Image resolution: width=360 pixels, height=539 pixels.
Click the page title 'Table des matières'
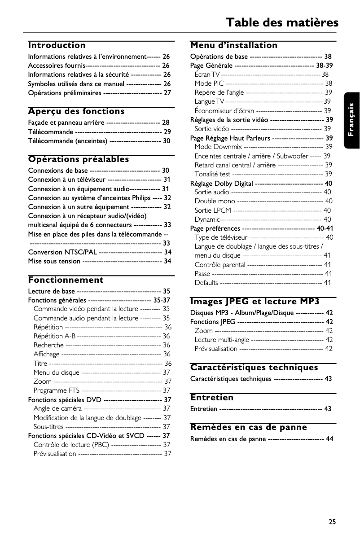coord(281,22)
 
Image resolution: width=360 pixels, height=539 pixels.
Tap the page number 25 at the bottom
coord(332,521)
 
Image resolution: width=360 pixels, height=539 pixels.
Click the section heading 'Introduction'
coord(57,45)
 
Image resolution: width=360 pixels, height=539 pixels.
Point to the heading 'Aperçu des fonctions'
coord(76,111)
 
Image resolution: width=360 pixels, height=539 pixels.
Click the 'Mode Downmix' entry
coord(218,147)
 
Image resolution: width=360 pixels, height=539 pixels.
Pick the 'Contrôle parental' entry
coord(220,265)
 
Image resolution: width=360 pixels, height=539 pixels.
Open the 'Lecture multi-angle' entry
coord(222,340)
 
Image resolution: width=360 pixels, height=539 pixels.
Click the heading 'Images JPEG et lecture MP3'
coord(255,302)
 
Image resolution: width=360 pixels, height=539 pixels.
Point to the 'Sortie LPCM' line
coord(213,210)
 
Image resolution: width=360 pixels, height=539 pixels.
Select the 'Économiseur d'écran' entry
coord(224,111)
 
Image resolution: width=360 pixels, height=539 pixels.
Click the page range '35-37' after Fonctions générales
coord(162,300)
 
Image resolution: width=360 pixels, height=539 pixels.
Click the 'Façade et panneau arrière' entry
coord(66,123)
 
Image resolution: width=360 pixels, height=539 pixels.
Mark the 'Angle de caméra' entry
coord(57,408)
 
